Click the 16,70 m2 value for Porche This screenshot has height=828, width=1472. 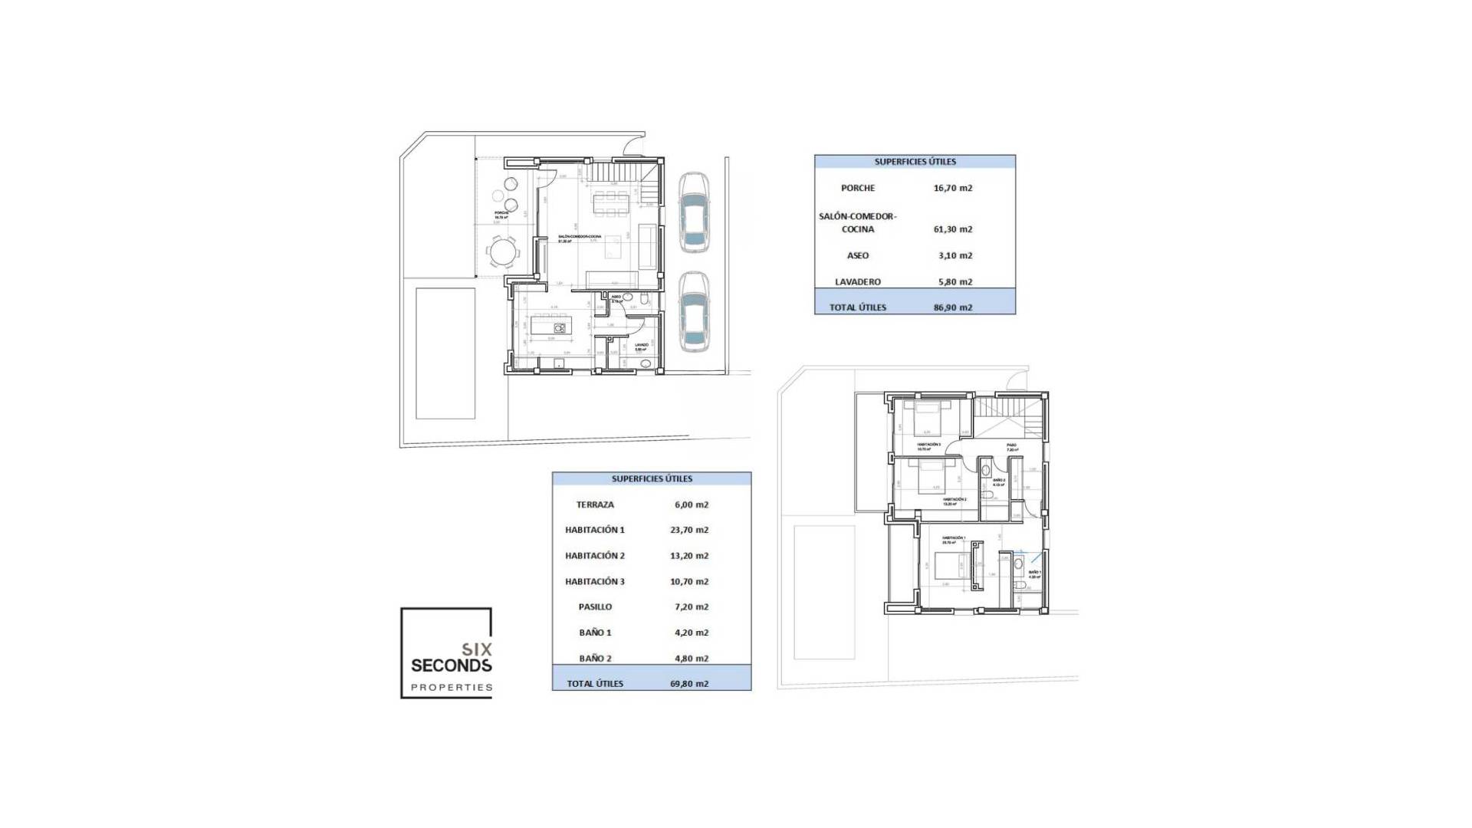click(952, 188)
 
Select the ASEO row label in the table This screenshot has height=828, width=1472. click(857, 255)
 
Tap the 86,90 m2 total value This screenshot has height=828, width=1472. click(954, 307)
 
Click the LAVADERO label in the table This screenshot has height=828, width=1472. click(857, 282)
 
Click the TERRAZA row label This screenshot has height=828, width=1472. click(595, 504)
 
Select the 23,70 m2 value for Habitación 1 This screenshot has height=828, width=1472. click(688, 530)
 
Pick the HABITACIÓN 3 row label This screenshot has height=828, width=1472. click(595, 581)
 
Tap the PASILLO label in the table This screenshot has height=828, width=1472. click(595, 606)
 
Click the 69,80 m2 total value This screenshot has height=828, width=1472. click(688, 684)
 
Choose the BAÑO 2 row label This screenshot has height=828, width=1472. click(595, 658)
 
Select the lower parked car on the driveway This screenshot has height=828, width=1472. click(693, 312)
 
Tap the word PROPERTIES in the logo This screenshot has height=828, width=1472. click(452, 688)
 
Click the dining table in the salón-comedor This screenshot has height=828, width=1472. click(610, 204)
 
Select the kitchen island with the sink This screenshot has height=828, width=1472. click(549, 326)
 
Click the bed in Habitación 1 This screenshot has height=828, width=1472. click(946, 567)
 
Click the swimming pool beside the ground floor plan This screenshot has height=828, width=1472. click(445, 353)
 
